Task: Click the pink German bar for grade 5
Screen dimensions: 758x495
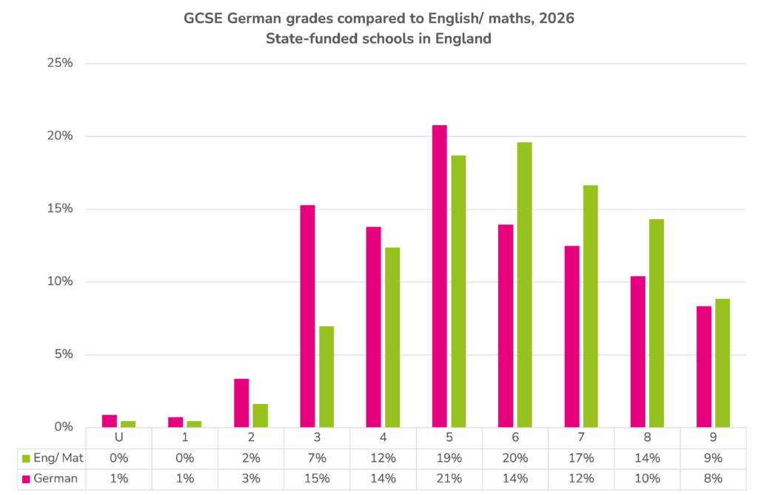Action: (x=440, y=276)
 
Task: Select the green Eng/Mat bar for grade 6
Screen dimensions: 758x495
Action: (x=525, y=285)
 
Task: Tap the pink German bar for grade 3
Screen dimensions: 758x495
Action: (x=307, y=316)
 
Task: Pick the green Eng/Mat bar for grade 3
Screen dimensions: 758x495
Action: (x=326, y=377)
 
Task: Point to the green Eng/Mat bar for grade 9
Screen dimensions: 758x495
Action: (x=722, y=363)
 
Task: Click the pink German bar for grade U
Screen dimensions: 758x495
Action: (x=110, y=421)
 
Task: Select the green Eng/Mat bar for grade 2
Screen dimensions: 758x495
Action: (x=260, y=416)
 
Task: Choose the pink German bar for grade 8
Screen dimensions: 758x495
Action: (x=637, y=352)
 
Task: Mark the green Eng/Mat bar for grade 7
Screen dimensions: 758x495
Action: (x=590, y=306)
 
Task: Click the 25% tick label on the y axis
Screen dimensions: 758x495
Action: (x=60, y=63)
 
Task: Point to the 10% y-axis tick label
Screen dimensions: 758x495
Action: (x=60, y=281)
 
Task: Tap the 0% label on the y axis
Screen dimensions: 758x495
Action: (x=64, y=427)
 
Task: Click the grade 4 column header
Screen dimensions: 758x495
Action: (x=383, y=437)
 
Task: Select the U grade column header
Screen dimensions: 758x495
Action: (x=119, y=437)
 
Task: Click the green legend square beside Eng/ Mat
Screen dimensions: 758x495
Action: (x=26, y=458)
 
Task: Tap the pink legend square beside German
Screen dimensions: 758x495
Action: (x=26, y=479)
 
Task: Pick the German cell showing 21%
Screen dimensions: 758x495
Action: (x=449, y=479)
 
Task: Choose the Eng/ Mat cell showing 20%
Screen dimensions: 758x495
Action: (x=515, y=458)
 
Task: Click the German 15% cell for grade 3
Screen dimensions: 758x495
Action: (x=317, y=479)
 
